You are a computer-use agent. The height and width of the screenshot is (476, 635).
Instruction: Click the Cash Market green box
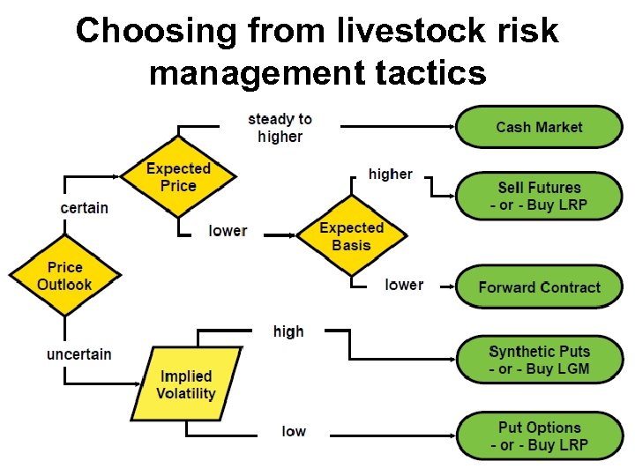pyautogui.click(x=539, y=127)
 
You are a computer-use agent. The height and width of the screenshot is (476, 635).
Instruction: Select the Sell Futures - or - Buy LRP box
pyautogui.click(x=539, y=196)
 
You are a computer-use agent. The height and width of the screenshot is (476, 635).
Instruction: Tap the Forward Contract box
pyautogui.click(x=539, y=287)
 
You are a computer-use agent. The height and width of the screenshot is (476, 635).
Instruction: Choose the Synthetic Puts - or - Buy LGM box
pyautogui.click(x=539, y=360)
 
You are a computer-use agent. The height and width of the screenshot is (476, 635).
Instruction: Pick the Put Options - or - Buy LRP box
pyautogui.click(x=539, y=436)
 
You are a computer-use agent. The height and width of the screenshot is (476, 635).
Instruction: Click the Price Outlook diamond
pyautogui.click(x=64, y=276)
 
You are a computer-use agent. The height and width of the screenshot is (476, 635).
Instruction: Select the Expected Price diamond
pyautogui.click(x=178, y=177)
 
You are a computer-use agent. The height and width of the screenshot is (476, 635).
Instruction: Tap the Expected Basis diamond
pyautogui.click(x=351, y=236)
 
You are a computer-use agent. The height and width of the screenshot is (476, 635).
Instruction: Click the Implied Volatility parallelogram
pyautogui.click(x=186, y=384)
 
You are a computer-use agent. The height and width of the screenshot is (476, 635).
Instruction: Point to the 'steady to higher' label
pyautogui.click(x=280, y=128)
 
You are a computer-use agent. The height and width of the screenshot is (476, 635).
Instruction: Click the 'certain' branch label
pyautogui.click(x=85, y=208)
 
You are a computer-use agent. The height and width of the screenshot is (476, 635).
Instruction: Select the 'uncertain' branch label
pyautogui.click(x=79, y=354)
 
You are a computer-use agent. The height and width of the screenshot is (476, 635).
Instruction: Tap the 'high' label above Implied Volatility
pyautogui.click(x=288, y=331)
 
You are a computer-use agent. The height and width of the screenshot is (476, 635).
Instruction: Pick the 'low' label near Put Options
pyautogui.click(x=294, y=431)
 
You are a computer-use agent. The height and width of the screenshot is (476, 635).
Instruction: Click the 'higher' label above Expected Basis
pyautogui.click(x=390, y=174)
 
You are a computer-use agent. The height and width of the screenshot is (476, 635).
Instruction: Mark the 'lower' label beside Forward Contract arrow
pyautogui.click(x=404, y=285)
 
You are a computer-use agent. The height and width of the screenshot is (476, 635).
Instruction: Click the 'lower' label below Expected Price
pyautogui.click(x=228, y=231)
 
